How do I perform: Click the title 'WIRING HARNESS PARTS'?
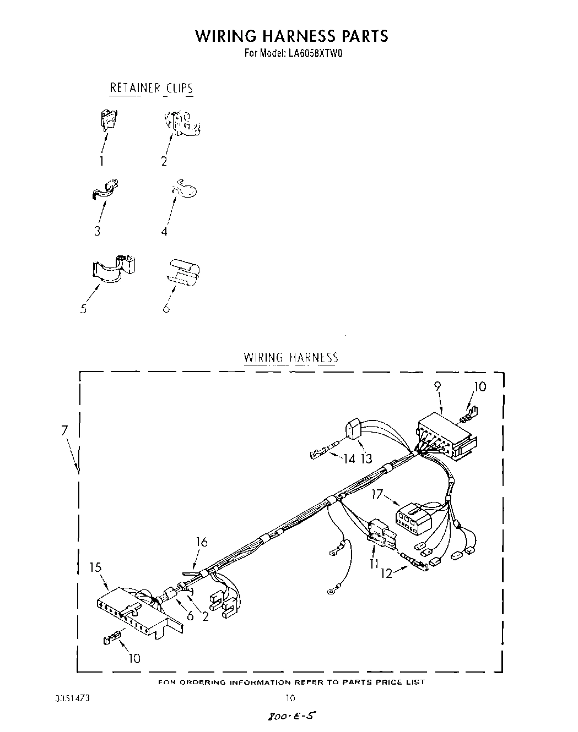[x=291, y=36]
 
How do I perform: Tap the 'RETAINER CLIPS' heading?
[x=152, y=88]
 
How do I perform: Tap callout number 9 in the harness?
[x=437, y=386]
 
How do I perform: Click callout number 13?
[x=366, y=458]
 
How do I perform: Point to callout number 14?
[x=349, y=458]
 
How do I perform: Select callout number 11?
[x=375, y=563]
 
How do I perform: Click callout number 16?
[x=202, y=542]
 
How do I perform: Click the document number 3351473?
[x=72, y=698]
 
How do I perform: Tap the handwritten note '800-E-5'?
[x=293, y=717]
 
